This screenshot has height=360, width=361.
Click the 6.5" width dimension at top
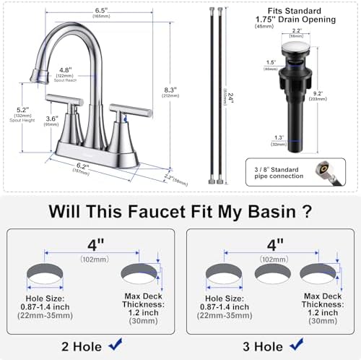click(x=105, y=11)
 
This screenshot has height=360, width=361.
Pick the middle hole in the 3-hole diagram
click(x=269, y=273)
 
